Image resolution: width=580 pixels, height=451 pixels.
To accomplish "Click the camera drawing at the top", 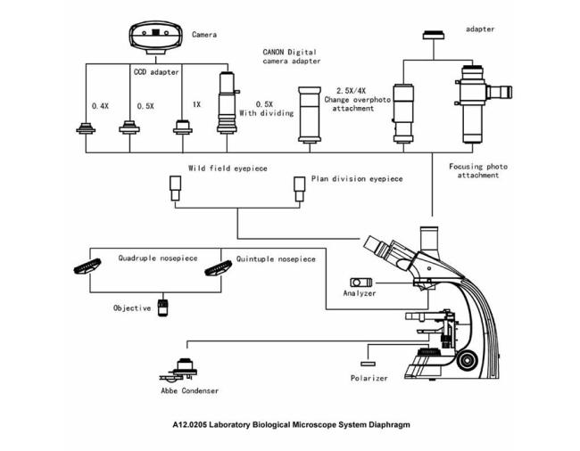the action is click(156, 38).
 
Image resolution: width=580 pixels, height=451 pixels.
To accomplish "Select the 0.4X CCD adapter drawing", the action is click(86, 128).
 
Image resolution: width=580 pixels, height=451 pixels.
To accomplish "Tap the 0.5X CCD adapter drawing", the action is click(129, 127).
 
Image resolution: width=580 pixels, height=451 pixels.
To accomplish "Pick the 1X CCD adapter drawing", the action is click(183, 127).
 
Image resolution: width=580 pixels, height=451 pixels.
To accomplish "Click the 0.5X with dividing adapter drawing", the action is click(228, 102).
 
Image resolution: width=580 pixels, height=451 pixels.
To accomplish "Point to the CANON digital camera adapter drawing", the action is click(310, 115).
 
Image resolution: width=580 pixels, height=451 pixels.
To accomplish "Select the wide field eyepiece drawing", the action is click(175, 188).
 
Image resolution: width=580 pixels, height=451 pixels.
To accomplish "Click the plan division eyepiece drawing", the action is click(299, 189).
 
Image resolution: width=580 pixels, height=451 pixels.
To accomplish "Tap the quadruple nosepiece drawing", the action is click(87, 266).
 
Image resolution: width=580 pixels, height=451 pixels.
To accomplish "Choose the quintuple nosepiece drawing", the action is click(219, 267).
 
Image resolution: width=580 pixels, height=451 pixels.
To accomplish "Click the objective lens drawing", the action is click(162, 307).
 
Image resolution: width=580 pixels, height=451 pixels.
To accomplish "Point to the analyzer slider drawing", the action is click(361, 283).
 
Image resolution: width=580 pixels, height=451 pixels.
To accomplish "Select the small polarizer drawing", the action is click(368, 364).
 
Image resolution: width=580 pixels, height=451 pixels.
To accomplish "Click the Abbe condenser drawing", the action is click(178, 370).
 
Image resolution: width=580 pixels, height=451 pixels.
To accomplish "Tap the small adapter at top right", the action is click(434, 35).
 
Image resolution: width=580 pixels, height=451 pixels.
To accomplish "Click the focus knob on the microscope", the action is click(468, 359).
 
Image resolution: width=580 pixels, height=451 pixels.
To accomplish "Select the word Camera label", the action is click(204, 35).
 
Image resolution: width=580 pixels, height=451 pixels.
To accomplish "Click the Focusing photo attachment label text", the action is click(478, 171).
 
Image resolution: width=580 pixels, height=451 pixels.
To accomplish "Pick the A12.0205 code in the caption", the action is click(189, 425).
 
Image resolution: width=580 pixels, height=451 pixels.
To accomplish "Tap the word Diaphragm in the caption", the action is click(389, 425).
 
